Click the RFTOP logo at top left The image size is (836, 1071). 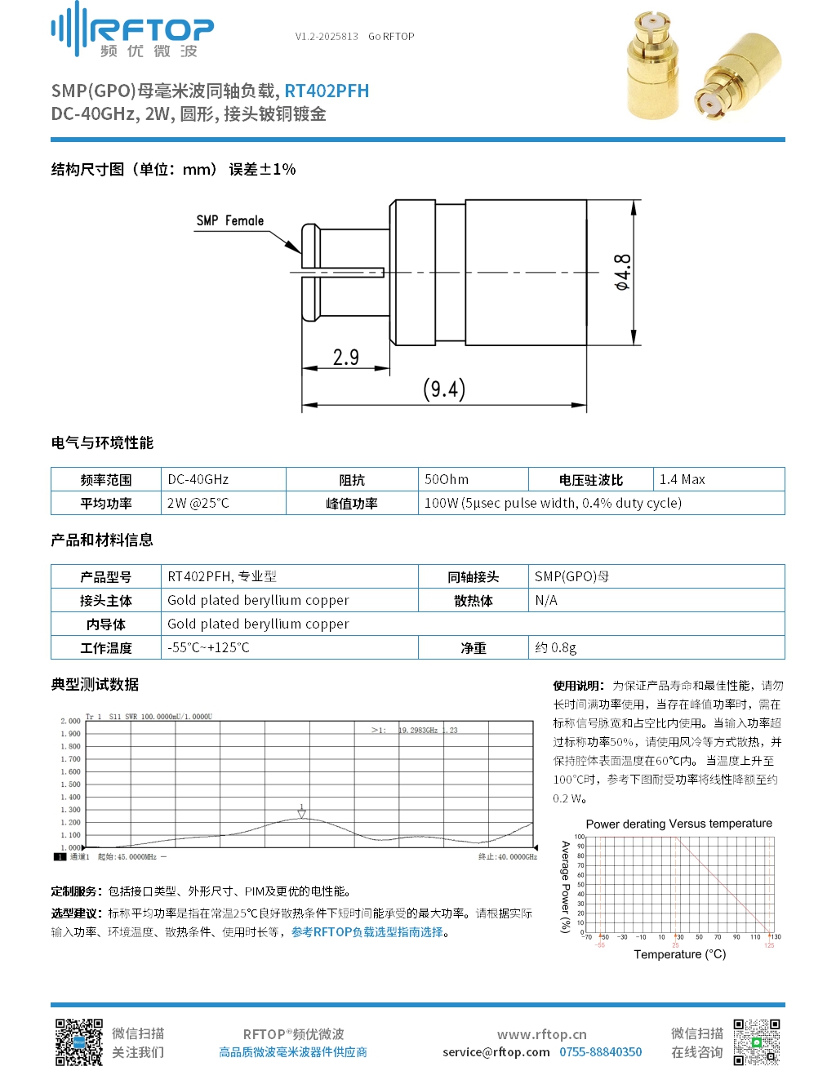[x=132, y=31]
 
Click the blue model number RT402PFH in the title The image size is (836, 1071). [x=327, y=91]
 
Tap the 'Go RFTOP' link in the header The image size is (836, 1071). [x=391, y=37]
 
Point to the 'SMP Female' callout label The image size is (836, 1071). [x=229, y=220]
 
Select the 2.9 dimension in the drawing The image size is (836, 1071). [x=345, y=357]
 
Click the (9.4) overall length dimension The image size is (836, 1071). [x=444, y=389]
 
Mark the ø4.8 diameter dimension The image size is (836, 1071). [x=622, y=272]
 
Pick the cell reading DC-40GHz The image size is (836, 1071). [x=198, y=479]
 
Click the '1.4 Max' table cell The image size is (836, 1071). [x=682, y=479]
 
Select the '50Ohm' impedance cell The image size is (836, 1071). [x=447, y=479]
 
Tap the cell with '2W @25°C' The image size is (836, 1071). [x=198, y=503]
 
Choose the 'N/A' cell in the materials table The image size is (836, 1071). [x=546, y=600]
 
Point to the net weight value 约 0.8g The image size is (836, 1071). [x=555, y=647]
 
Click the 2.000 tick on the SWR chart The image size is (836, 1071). [x=71, y=721]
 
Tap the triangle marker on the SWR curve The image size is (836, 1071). [x=301, y=811]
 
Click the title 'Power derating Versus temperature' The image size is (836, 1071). [x=678, y=824]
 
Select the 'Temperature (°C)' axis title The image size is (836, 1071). [x=679, y=954]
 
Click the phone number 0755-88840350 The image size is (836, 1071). [x=600, y=1052]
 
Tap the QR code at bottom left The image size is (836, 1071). [x=78, y=1042]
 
